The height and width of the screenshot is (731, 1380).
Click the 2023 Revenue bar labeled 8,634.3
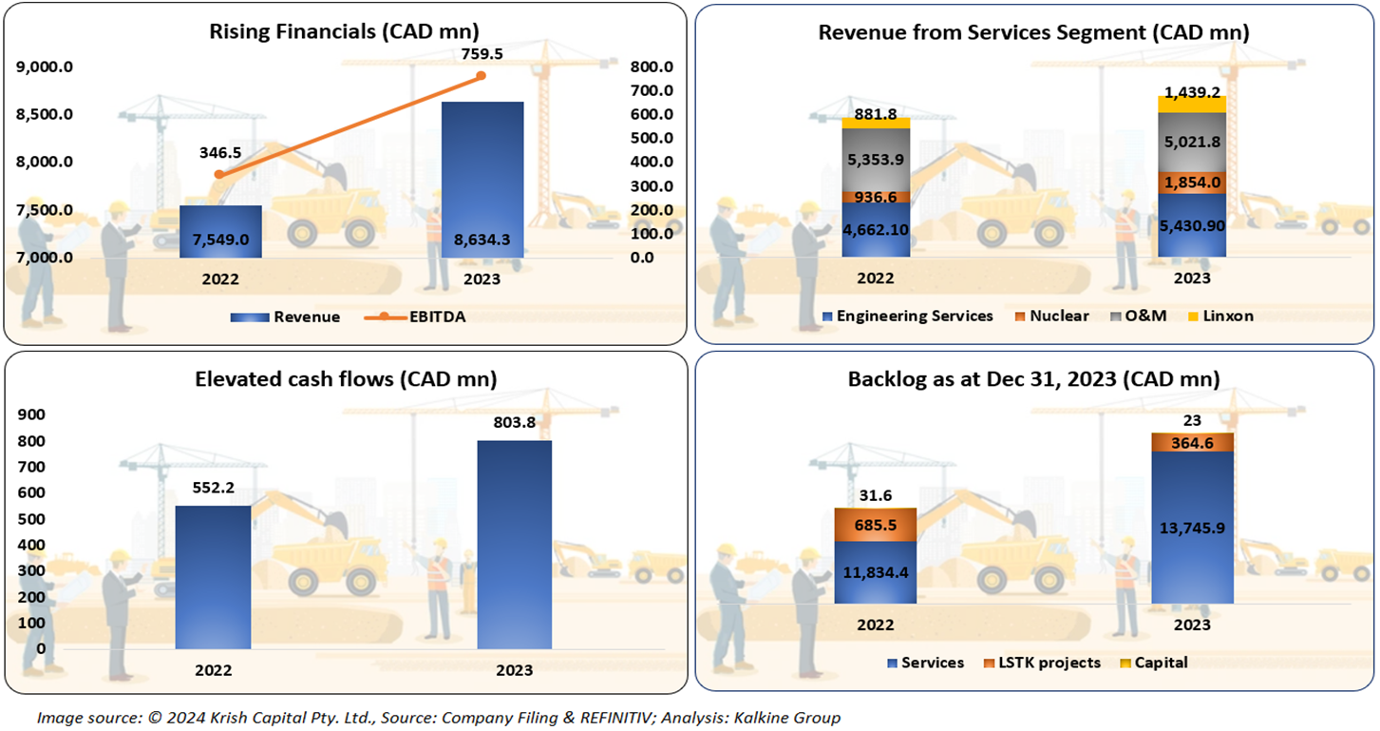click(482, 181)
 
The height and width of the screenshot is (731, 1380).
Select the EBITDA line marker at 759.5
click(481, 75)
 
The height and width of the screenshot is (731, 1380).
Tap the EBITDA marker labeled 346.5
click(219, 174)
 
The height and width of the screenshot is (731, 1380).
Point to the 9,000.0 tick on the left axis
click(47, 67)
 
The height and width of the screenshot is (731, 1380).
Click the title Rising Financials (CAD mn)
click(344, 30)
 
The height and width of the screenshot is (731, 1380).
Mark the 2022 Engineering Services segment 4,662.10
click(876, 229)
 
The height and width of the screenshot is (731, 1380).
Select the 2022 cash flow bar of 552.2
click(213, 577)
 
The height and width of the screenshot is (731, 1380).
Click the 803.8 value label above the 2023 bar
click(514, 426)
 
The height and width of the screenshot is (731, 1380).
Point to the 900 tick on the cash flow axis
click(31, 414)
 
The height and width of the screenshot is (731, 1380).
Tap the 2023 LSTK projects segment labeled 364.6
click(1192, 442)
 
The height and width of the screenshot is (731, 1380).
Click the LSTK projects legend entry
click(1044, 663)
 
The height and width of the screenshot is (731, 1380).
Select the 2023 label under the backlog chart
click(1192, 625)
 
